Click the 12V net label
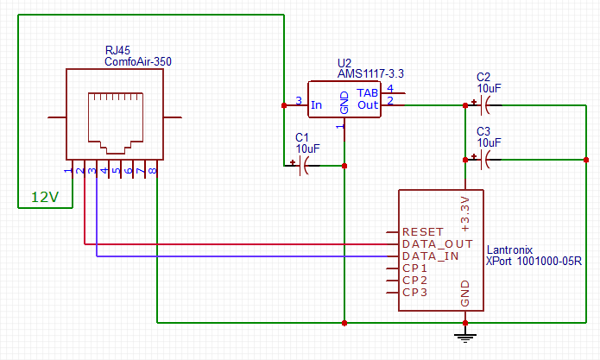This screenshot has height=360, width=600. [45, 197]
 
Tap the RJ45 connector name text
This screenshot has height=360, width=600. [118, 51]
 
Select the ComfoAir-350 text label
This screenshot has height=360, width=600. [137, 62]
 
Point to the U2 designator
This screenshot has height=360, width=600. [344, 64]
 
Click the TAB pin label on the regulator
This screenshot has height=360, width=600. [369, 93]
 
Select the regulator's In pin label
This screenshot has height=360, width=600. [317, 105]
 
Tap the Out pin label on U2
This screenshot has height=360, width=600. [369, 105]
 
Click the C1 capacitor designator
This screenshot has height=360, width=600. [302, 137]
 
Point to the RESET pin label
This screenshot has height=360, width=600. [423, 233]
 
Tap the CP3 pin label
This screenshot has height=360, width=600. [415, 294]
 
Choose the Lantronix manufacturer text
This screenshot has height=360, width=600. [510, 249]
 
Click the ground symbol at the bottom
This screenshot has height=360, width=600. [466, 332]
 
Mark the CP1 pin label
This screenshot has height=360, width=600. [415, 269]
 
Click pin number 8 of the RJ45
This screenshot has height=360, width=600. [154, 171]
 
